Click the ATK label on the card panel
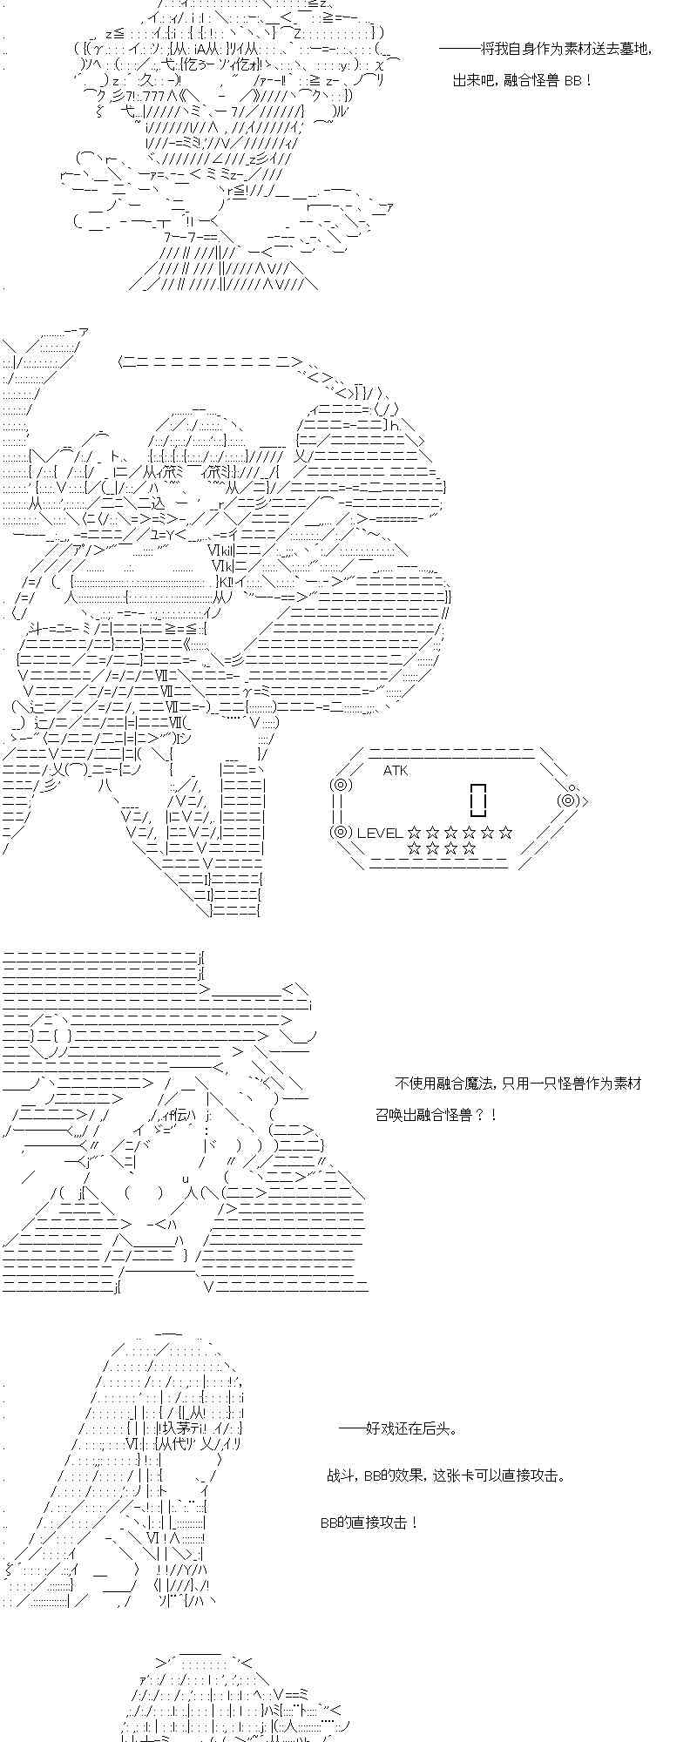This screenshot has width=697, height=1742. (x=396, y=770)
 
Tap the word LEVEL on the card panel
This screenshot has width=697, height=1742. (x=379, y=833)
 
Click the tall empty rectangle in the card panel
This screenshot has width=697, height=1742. (x=477, y=798)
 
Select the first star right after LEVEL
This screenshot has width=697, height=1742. (x=414, y=833)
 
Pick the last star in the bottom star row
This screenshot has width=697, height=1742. (x=470, y=847)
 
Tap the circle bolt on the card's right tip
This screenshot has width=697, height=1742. (x=568, y=800)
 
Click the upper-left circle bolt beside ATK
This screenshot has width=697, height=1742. (x=340, y=785)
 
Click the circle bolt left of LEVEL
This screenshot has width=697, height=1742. (x=340, y=832)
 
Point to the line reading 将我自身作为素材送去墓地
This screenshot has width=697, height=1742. (x=545, y=49)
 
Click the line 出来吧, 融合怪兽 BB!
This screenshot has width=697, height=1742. (x=524, y=80)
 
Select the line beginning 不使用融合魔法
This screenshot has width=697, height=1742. (x=518, y=1083)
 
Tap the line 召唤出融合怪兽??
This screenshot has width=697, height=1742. (x=436, y=1114)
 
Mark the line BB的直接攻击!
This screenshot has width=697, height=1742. (x=370, y=1522)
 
